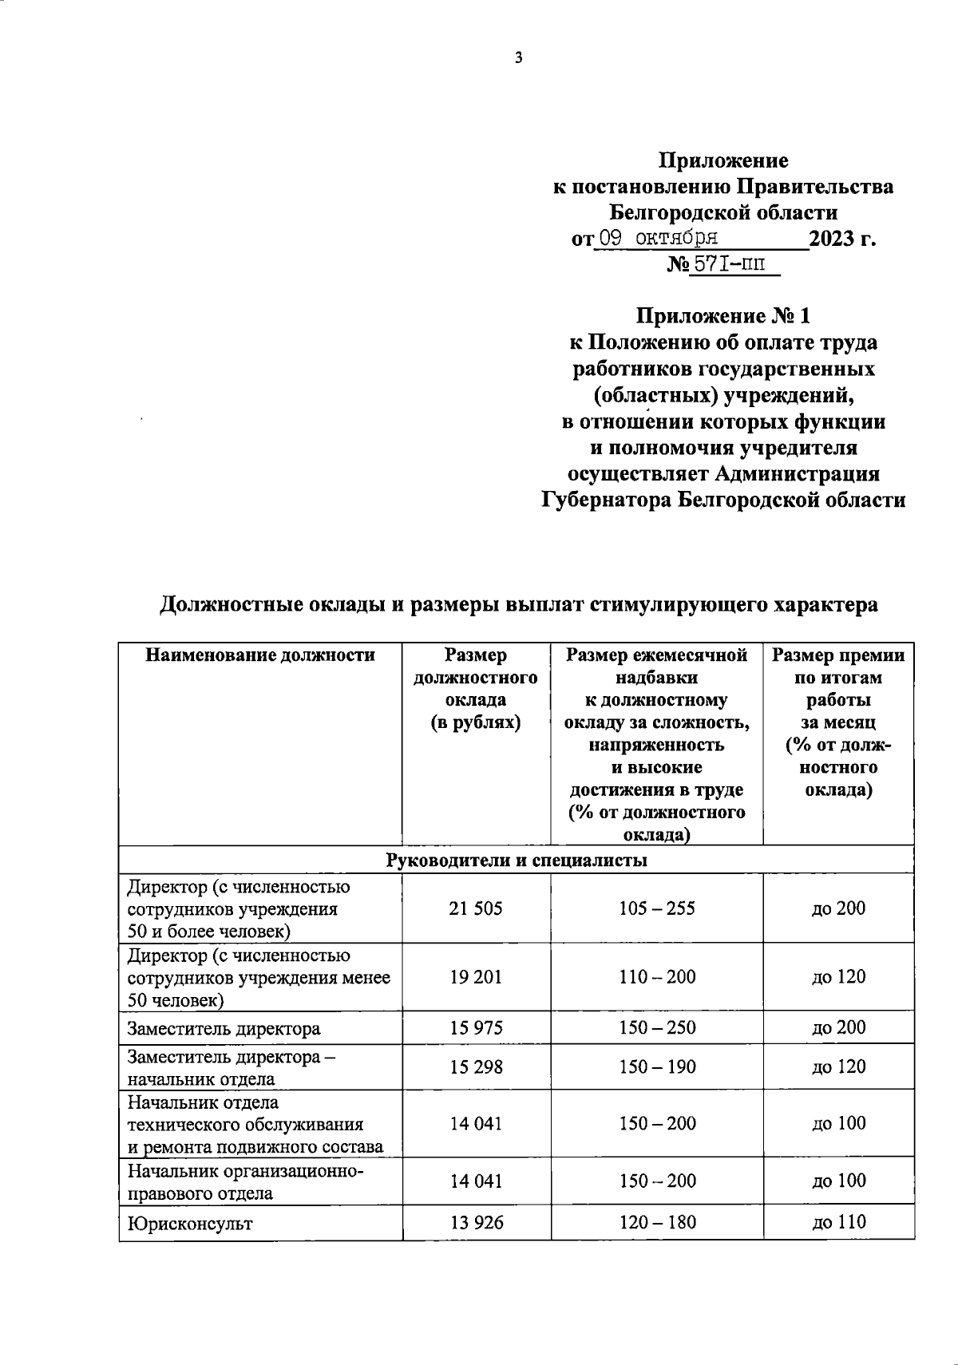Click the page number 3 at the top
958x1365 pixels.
click(519, 57)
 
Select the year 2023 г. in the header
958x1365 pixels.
click(842, 239)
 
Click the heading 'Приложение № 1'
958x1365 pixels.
click(722, 316)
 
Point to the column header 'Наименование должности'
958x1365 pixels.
click(260, 655)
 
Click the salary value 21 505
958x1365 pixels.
click(476, 908)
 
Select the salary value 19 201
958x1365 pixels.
click(476, 977)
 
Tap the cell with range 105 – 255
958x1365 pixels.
click(657, 908)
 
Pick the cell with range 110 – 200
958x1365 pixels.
click(657, 977)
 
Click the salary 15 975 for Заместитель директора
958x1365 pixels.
click(476, 1027)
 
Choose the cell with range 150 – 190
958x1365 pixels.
click(657, 1066)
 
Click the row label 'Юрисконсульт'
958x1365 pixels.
click(190, 1223)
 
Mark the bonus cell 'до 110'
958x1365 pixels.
click(838, 1221)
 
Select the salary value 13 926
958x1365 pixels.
click(476, 1222)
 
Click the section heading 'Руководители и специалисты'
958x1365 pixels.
click(517, 861)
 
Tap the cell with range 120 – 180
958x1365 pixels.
click(657, 1222)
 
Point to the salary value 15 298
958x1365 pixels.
click(476, 1066)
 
